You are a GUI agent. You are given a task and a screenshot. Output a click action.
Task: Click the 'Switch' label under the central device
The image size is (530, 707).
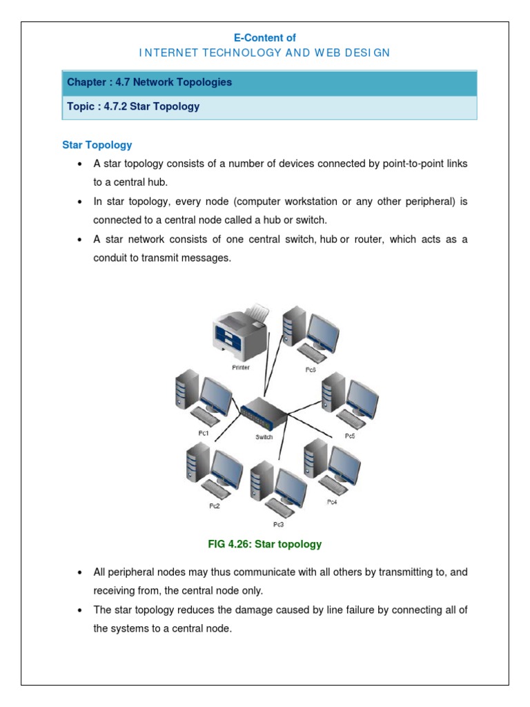(x=264, y=437)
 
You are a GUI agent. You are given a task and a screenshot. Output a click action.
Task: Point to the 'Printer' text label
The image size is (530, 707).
(x=241, y=367)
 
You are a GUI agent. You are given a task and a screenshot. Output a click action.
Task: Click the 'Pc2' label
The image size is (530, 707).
(x=215, y=506)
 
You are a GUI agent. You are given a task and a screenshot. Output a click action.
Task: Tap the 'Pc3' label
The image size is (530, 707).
(x=278, y=524)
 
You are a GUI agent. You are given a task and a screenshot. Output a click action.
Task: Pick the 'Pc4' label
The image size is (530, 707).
(x=332, y=502)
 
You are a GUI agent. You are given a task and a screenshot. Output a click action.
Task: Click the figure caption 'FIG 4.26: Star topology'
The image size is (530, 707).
(x=265, y=544)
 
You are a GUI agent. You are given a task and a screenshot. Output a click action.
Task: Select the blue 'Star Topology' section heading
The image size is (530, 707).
(x=97, y=145)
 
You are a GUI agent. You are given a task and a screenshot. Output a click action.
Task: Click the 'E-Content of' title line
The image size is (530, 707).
(x=265, y=38)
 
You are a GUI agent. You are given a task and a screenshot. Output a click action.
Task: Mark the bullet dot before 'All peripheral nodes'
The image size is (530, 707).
(x=80, y=573)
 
